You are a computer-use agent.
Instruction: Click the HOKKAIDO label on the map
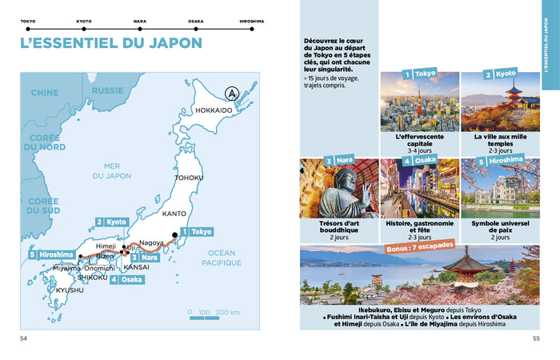(x=214, y=110)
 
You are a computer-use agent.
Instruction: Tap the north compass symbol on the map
(x=231, y=93)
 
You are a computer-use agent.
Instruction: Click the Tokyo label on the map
(x=202, y=231)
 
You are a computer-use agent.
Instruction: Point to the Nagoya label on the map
(x=151, y=242)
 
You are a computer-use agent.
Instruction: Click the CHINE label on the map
(x=44, y=93)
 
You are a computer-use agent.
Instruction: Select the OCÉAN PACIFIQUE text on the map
(x=222, y=257)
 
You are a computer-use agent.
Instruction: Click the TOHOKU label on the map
(x=190, y=178)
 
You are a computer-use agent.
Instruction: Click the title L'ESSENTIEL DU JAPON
(x=110, y=42)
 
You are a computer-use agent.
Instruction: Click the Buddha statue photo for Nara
(x=338, y=189)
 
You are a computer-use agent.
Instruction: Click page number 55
(x=536, y=338)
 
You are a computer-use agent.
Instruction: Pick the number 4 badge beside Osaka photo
(x=407, y=161)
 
